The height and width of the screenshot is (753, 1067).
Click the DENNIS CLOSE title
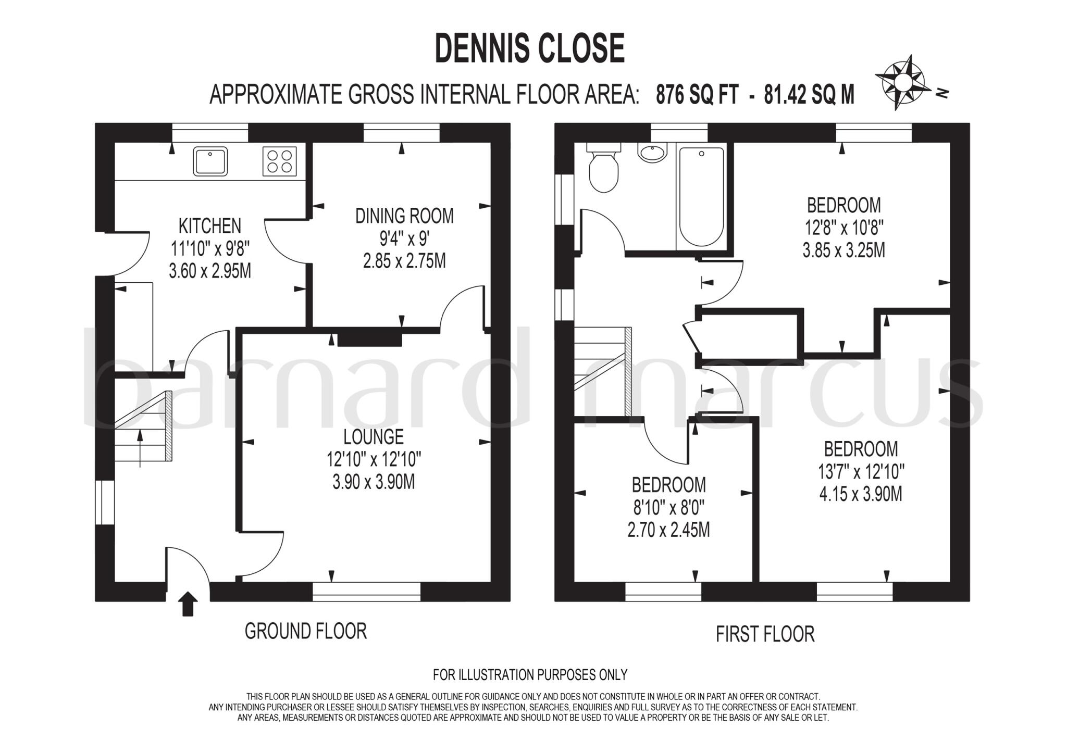[x=529, y=48]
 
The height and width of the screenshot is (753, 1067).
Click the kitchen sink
[x=210, y=161]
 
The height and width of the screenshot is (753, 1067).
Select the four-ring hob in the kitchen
[x=279, y=161]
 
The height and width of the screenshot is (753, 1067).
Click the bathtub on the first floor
[x=701, y=197]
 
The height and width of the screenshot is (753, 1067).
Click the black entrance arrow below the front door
[x=188, y=604]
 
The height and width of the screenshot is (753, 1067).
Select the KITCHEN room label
[x=209, y=226]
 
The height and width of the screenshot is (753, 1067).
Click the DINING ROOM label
[x=404, y=216]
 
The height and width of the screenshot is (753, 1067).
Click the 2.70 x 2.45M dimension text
[x=668, y=530]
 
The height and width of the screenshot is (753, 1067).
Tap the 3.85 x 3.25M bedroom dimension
[x=843, y=250]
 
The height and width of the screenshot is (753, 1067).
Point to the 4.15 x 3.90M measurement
[x=861, y=494]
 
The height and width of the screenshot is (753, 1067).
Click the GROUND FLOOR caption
[x=306, y=631]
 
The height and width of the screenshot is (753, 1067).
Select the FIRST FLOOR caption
[x=765, y=634]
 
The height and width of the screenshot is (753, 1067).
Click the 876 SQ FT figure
[x=697, y=95]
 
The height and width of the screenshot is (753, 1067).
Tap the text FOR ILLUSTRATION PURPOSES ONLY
[x=530, y=675]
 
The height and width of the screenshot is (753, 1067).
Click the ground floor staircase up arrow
[x=140, y=448]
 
